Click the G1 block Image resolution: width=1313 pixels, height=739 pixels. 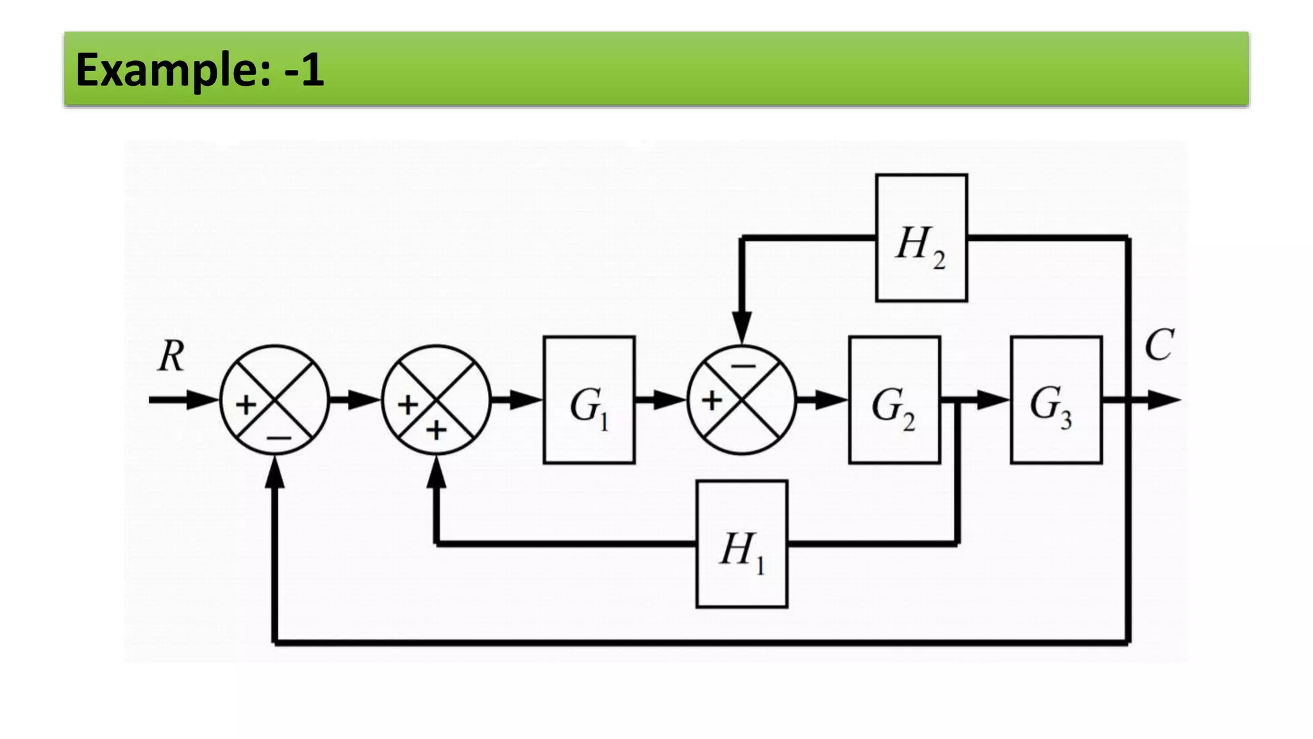pos(589,400)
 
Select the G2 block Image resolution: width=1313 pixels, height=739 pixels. pos(894,400)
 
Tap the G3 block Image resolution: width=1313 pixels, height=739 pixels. pos(1055,400)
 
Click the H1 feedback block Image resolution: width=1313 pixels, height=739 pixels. pos(741,544)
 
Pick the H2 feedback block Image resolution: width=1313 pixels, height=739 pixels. pos(921,238)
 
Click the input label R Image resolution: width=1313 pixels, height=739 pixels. pos(171,356)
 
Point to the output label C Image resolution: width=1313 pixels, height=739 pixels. pos(1158,346)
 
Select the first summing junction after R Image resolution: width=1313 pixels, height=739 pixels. pos(274,400)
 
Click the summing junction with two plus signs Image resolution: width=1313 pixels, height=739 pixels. pos(436,400)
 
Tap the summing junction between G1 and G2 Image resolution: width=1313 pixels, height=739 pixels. pos(741,400)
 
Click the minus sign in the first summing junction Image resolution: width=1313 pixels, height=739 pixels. pos(279,439)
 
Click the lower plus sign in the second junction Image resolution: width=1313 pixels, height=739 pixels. pos(437,430)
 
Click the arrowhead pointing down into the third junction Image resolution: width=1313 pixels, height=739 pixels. pos(742,327)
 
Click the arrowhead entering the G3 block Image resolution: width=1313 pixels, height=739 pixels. pos(994,400)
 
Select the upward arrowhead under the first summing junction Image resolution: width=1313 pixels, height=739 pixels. pos(274,473)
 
